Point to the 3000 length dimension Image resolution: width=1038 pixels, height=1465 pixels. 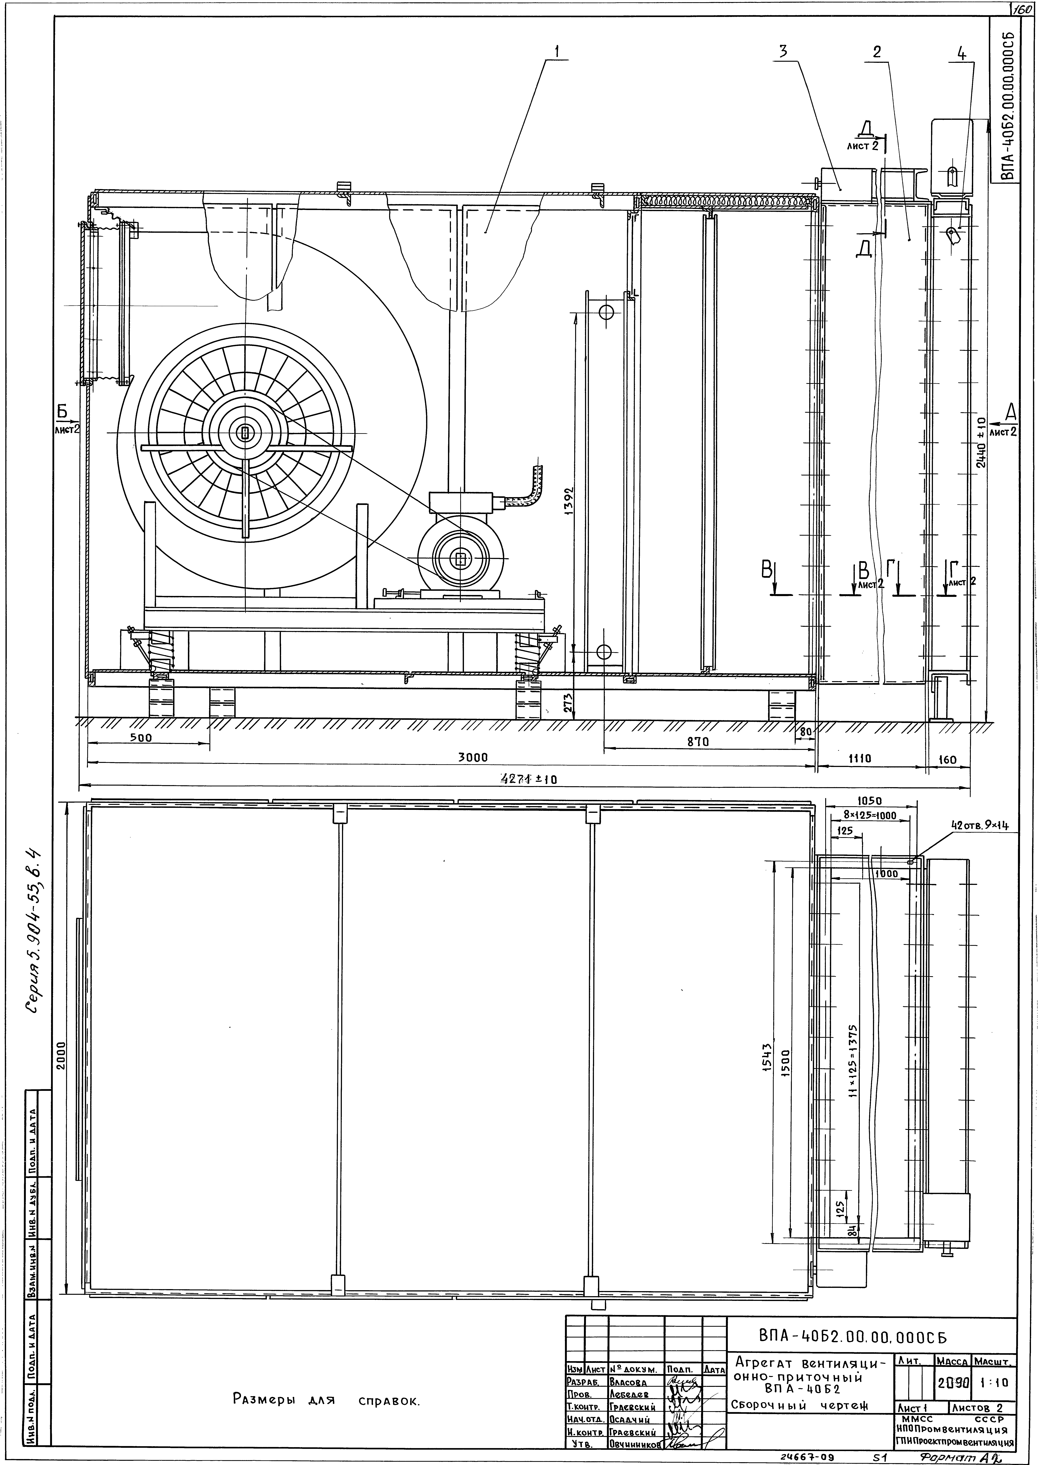click(x=473, y=757)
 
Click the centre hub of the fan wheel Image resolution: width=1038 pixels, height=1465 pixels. click(x=245, y=433)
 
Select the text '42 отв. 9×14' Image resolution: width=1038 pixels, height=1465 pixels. click(x=979, y=826)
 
